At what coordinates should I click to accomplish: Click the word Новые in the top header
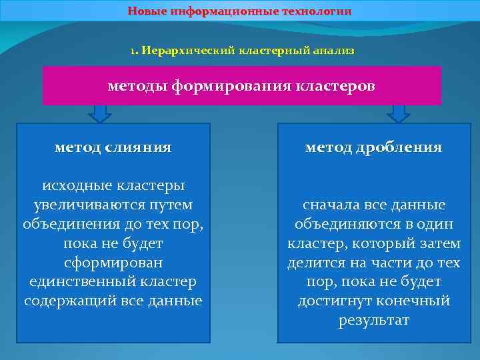pyautogui.click(x=148, y=11)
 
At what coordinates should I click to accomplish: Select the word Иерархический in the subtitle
pyautogui.click(x=180, y=51)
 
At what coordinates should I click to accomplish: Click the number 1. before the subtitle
pyautogui.click(x=134, y=51)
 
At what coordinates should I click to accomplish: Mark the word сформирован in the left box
pyautogui.click(x=113, y=263)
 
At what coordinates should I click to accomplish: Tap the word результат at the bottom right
pyautogui.click(x=373, y=321)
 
